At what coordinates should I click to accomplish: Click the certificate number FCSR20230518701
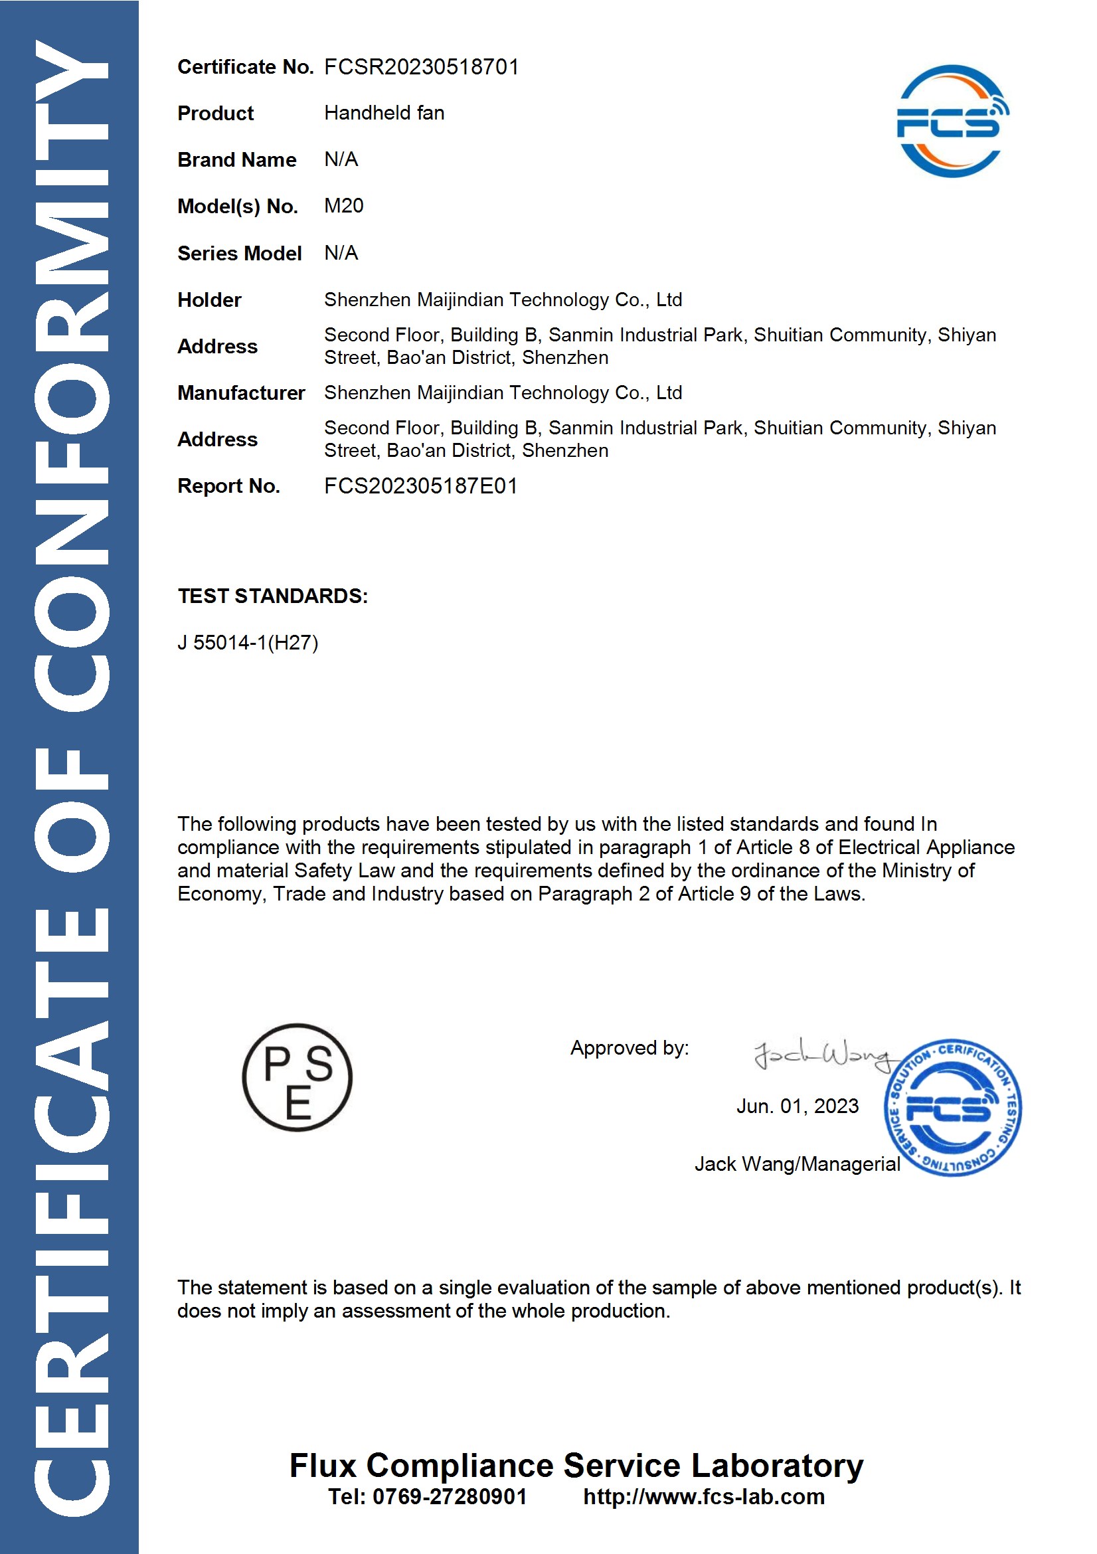tap(421, 66)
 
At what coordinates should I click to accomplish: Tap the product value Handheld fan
tap(384, 112)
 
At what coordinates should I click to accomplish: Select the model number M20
tap(343, 205)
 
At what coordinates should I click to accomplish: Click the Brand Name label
tap(236, 160)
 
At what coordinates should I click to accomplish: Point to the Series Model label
tap(239, 253)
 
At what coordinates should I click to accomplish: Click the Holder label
tap(209, 300)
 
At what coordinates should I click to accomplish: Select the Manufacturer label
tap(240, 392)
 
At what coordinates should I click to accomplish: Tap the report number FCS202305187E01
tap(420, 486)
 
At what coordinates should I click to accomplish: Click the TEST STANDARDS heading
tap(272, 596)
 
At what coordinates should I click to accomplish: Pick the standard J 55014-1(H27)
tap(247, 642)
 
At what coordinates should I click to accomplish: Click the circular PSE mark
tap(297, 1076)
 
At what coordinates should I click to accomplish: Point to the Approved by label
tap(629, 1048)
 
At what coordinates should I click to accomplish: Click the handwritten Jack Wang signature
tap(822, 1054)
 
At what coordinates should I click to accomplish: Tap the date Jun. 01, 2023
tap(797, 1106)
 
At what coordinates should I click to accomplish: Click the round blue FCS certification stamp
tap(952, 1107)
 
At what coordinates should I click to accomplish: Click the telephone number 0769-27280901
tap(450, 1496)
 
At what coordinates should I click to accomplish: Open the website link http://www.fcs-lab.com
tap(703, 1496)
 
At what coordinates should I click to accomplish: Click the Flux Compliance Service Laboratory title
tap(576, 1465)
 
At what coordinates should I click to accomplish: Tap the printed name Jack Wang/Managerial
tap(797, 1164)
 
